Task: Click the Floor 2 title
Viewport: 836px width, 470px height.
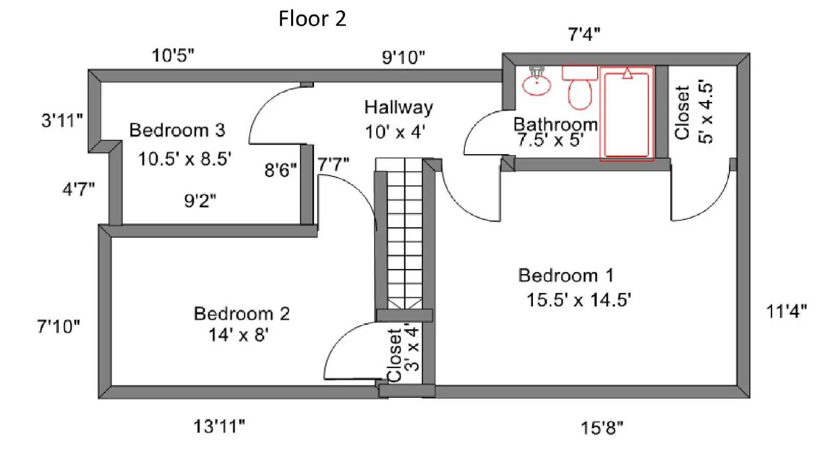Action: point(312,19)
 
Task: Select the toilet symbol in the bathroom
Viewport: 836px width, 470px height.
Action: point(579,89)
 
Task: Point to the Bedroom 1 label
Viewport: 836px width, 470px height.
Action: point(565,275)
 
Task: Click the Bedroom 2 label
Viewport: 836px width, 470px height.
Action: point(241,313)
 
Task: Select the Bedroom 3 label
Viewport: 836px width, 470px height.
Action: point(177,130)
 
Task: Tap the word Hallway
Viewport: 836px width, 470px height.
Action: point(398,108)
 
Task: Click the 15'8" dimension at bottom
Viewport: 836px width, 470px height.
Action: point(601,428)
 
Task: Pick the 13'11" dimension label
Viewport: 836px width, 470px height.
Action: point(219,427)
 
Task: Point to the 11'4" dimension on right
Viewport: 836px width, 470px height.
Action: point(786,311)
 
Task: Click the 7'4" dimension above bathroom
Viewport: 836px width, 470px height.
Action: point(584,34)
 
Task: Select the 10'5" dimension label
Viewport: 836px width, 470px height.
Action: point(172,55)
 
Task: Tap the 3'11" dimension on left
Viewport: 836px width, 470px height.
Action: point(62,120)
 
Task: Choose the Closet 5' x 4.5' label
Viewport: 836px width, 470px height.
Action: point(693,112)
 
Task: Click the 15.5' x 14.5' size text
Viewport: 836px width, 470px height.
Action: point(578,300)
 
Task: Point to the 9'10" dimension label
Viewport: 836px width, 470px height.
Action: point(403,57)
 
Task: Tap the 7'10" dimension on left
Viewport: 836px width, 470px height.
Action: point(58,326)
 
